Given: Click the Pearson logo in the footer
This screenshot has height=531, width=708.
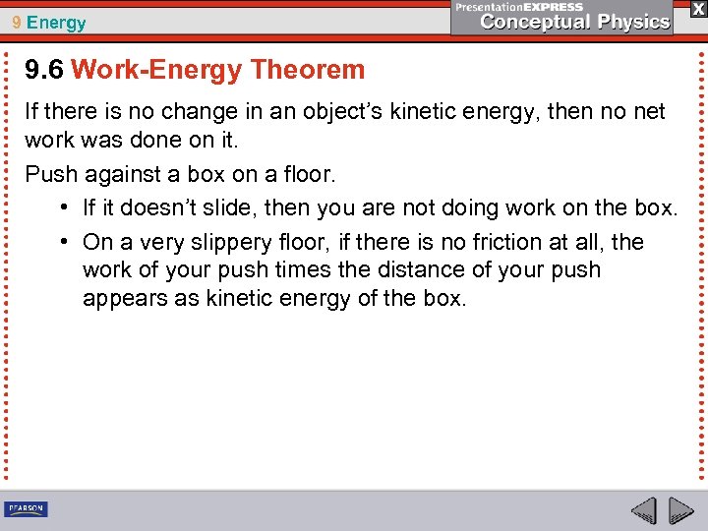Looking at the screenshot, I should (x=26, y=509).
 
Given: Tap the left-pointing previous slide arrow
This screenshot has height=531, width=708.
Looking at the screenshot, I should (x=644, y=510).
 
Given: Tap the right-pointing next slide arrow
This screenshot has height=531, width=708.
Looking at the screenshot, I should (x=680, y=510).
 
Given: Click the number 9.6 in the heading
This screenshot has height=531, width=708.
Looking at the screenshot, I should (x=45, y=70).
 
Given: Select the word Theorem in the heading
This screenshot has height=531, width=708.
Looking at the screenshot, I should (x=308, y=70).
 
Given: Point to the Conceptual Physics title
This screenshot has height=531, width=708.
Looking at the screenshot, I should (x=575, y=22).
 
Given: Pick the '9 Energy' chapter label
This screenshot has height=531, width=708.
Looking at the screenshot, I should (x=49, y=23).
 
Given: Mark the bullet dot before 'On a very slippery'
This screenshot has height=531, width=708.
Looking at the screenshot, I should (x=63, y=242).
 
